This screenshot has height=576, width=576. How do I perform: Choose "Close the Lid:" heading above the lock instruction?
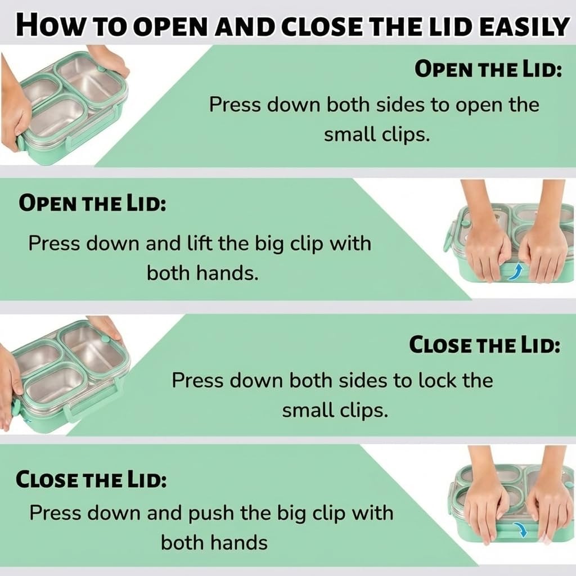click(484, 345)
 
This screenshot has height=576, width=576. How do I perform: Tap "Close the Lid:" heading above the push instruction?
click(91, 479)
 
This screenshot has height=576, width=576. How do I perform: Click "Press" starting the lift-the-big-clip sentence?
click(54, 243)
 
